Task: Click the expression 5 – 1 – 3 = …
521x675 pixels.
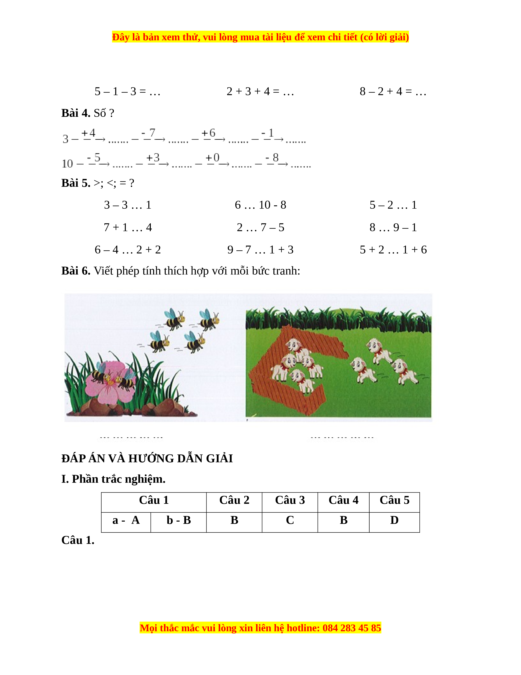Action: coord(127,91)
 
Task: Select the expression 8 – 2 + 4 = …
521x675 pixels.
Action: coord(393,91)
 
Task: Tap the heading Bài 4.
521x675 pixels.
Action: coord(76,113)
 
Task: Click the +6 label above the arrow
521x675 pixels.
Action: coord(208,133)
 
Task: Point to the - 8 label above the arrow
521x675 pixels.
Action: coord(272,158)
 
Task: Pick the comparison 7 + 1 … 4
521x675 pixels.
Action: coord(128,227)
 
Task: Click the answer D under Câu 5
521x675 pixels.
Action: coord(394,520)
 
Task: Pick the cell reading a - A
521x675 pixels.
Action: coord(126,520)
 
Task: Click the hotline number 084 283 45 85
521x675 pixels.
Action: coord(352,628)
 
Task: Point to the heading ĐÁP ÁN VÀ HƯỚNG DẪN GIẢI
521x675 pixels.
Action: coord(147,458)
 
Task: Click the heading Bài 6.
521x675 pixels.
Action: coord(76,271)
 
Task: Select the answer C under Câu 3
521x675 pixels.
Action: coord(290,520)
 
